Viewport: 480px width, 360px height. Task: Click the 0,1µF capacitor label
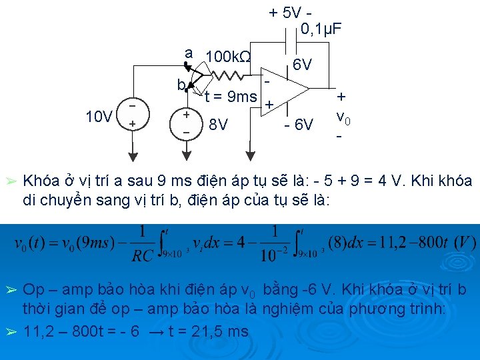coord(322,29)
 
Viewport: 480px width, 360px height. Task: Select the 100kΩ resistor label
coord(229,57)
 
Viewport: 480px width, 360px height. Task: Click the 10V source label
coord(99,117)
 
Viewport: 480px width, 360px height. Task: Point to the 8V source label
coord(218,124)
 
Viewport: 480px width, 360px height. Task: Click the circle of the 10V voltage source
coord(133,117)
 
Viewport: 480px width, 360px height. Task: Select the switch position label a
coord(189,53)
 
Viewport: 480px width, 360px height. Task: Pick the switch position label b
coord(181,85)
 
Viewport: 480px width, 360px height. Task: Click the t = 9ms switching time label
coord(231,97)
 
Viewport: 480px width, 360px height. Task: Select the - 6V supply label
coord(298,124)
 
